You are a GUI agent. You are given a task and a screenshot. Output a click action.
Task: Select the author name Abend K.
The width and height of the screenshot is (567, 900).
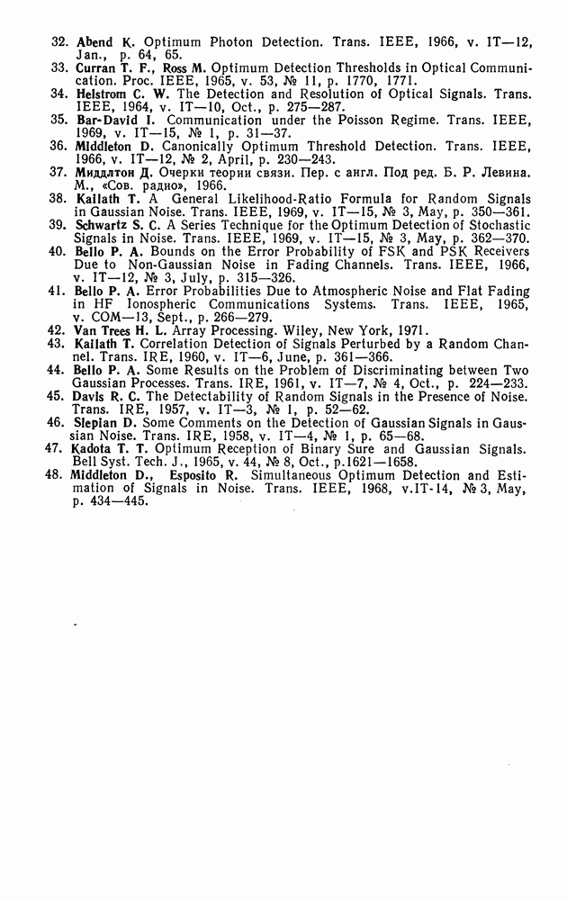(105, 42)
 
